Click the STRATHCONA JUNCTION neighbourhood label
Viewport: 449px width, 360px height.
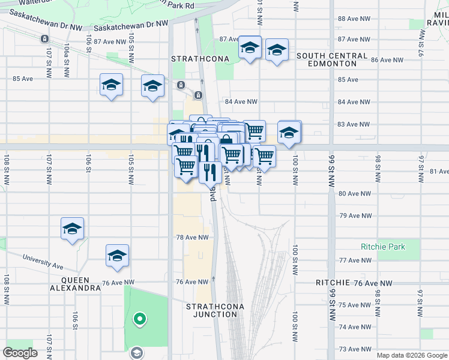coord(215,310)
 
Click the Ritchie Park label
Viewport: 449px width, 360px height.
coord(383,247)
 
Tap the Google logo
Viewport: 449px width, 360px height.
coord(20,353)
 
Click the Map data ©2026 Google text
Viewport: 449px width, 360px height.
coord(411,355)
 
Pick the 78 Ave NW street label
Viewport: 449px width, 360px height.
coord(192,238)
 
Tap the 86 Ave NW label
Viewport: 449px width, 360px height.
coord(390,60)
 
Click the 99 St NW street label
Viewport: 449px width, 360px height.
coord(331,172)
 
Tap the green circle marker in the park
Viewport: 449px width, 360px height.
coord(139,319)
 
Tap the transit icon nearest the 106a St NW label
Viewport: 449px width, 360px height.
coord(44,38)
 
